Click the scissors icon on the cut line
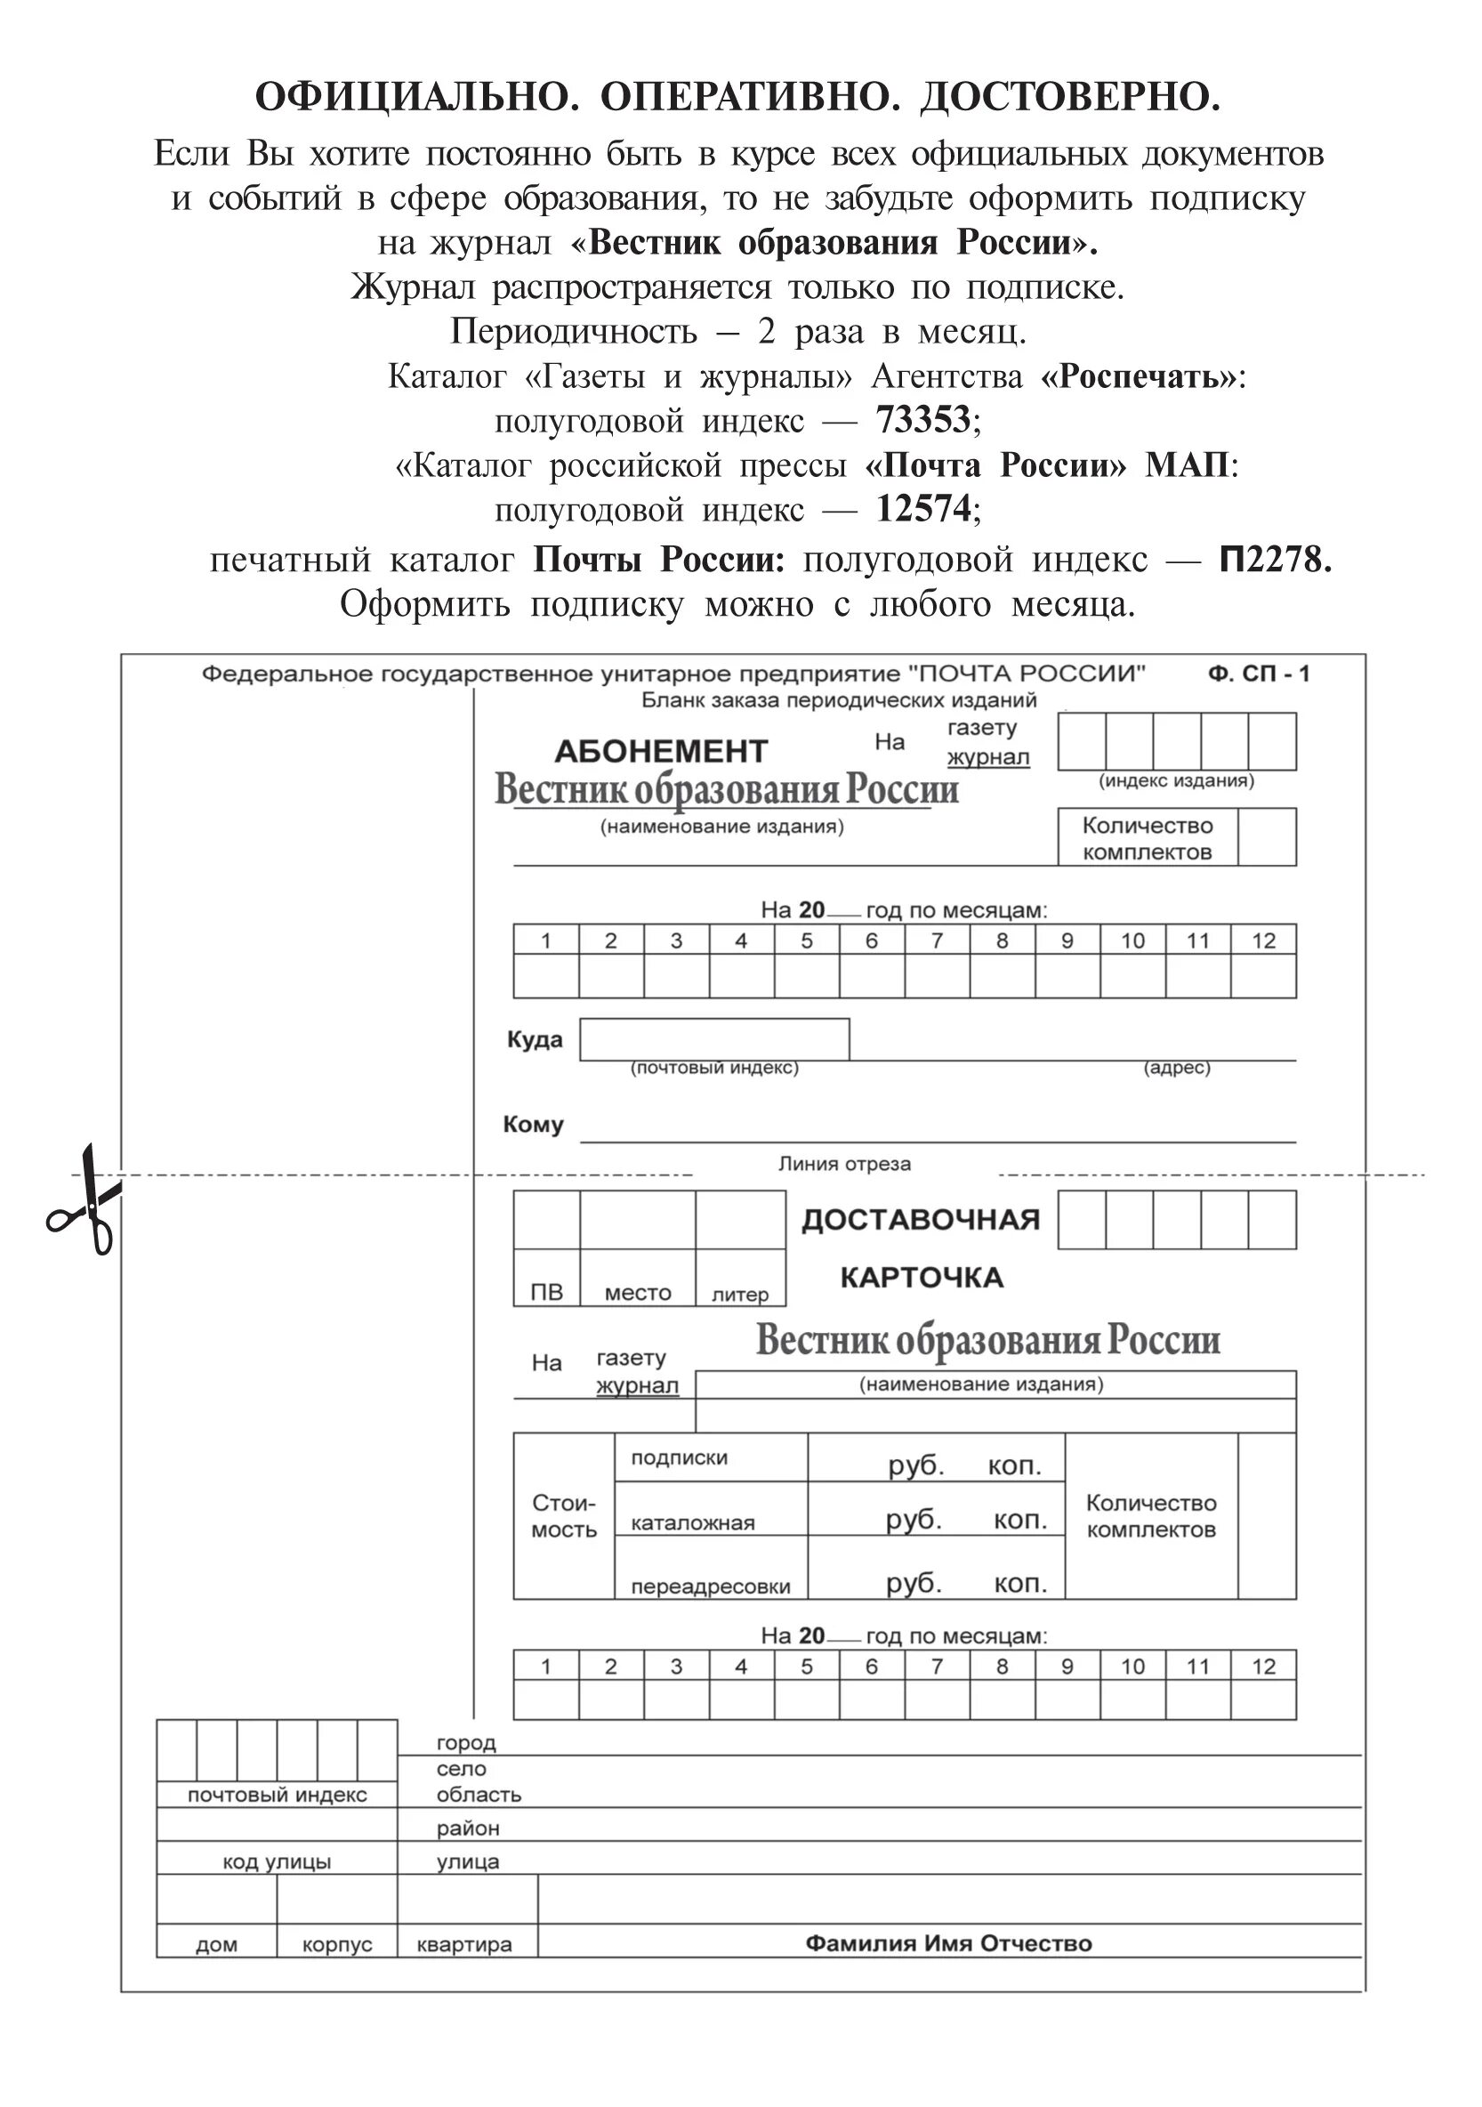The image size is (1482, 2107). click(x=86, y=1200)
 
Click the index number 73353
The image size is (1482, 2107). click(x=923, y=420)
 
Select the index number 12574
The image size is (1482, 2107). click(x=923, y=508)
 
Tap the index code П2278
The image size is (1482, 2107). click(x=1275, y=559)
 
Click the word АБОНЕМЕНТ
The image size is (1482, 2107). click(x=661, y=752)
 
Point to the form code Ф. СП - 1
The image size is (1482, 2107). click(x=1259, y=674)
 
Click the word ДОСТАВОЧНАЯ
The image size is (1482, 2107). click(x=921, y=1221)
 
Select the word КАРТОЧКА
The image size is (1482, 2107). click(x=922, y=1278)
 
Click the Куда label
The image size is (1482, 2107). click(x=535, y=1040)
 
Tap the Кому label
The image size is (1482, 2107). click(x=533, y=1125)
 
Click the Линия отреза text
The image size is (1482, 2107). click(x=844, y=1165)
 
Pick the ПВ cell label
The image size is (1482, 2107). click(x=547, y=1293)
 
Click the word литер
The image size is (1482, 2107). click(x=740, y=1295)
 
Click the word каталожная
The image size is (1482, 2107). click(x=693, y=1523)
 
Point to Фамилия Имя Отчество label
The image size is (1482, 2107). click(x=949, y=1943)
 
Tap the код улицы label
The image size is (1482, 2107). click(x=278, y=1862)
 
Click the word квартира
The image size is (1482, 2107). click(x=464, y=1944)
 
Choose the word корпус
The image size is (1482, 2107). click(x=337, y=1944)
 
